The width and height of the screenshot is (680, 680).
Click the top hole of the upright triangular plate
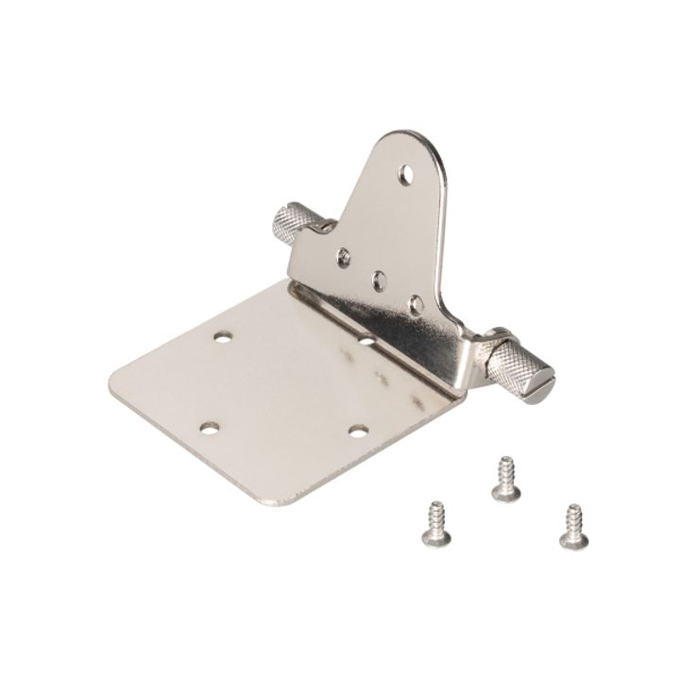(405, 174)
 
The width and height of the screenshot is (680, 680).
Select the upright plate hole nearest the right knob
(416, 304)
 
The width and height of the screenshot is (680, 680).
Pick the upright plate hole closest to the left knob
(345, 255)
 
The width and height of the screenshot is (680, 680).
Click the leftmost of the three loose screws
(435, 523)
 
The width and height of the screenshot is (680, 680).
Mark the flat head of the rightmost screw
(573, 540)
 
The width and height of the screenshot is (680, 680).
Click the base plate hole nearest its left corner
(223, 336)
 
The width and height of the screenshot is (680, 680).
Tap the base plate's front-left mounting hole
(209, 429)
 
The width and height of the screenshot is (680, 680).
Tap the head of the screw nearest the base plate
(505, 492)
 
